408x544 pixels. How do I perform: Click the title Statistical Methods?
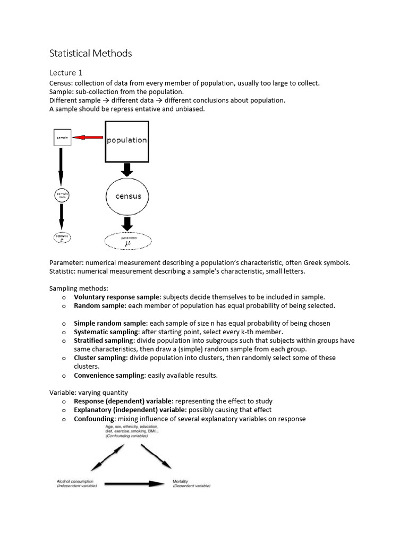coord(90,53)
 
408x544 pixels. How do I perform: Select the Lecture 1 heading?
coord(66,73)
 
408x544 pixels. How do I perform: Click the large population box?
coord(126,141)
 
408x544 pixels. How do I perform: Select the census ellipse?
coord(128,196)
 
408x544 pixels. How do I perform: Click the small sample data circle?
coord(62,196)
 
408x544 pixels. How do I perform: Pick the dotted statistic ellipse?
coord(62,238)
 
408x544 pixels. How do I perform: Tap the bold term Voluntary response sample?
coord(117,297)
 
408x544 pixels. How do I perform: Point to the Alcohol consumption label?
coord(76,483)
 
